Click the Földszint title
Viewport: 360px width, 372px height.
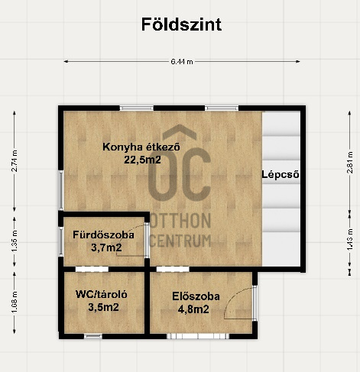click(x=181, y=24)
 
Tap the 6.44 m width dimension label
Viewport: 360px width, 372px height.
click(x=182, y=62)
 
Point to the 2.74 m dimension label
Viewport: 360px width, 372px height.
click(x=15, y=161)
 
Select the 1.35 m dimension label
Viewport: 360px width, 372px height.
click(x=15, y=241)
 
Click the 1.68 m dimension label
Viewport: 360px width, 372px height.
click(x=15, y=302)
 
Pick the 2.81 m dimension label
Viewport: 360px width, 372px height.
click(x=350, y=163)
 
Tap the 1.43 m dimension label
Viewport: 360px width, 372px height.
click(x=350, y=240)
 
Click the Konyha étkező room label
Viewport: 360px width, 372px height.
click(x=141, y=147)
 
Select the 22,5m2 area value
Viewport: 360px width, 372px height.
click(x=142, y=160)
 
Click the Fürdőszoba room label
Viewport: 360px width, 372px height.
click(x=103, y=235)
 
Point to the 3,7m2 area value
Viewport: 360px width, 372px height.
click(x=106, y=247)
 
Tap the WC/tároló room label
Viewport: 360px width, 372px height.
click(x=102, y=294)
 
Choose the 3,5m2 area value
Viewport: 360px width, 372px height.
click(x=103, y=307)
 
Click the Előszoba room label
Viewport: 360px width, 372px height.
click(x=196, y=296)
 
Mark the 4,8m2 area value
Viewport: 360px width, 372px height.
click(x=193, y=309)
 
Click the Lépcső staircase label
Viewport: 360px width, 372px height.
click(x=281, y=175)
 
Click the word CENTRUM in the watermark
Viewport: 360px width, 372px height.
click(x=180, y=241)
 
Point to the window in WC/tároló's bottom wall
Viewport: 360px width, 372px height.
click(x=93, y=336)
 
